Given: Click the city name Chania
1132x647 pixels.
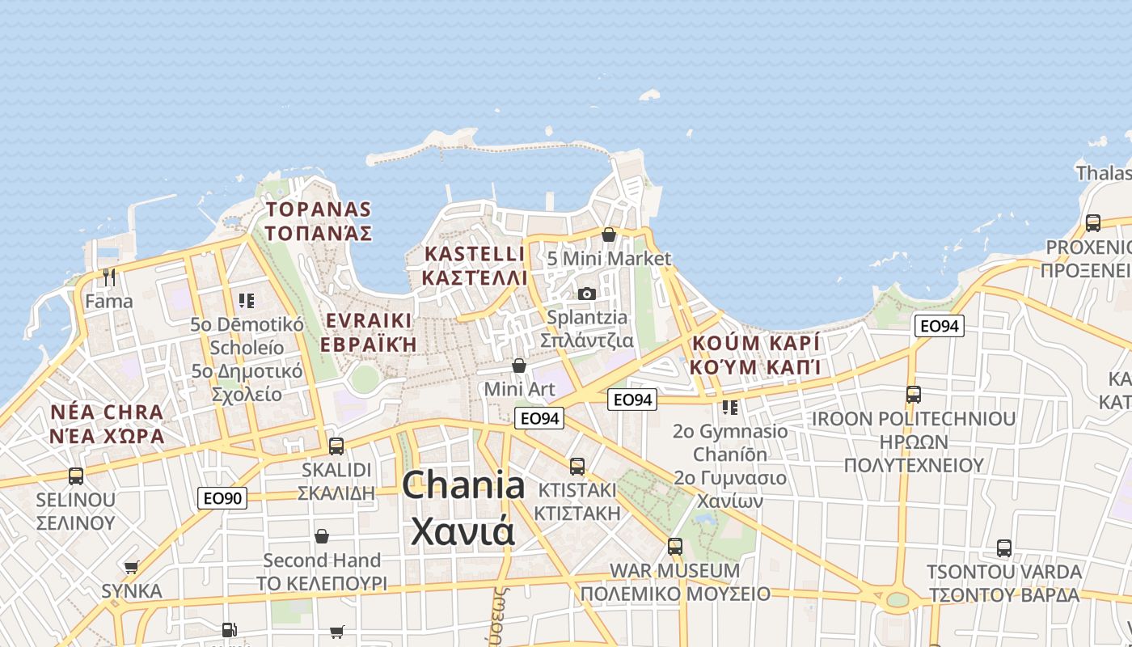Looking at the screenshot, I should [x=463, y=486].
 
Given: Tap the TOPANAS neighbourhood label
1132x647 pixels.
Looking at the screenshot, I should [x=319, y=210].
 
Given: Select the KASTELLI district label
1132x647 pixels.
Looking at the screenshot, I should [x=475, y=254].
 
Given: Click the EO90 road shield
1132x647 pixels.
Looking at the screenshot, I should [x=222, y=498].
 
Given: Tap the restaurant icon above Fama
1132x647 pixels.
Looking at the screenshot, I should [x=109, y=277].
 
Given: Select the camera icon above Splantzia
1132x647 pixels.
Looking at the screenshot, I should [x=587, y=294].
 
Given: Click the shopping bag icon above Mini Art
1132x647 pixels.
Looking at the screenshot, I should [x=519, y=366].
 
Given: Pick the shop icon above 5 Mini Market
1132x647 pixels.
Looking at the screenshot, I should [x=609, y=235].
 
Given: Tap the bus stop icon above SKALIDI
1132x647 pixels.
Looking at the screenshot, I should [x=336, y=446].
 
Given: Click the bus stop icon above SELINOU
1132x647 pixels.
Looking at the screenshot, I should [x=76, y=476].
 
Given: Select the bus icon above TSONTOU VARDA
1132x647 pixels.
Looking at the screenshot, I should [x=1003, y=548].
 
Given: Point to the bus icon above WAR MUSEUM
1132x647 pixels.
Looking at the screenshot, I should [x=675, y=547].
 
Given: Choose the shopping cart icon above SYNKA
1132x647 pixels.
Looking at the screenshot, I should [x=132, y=568].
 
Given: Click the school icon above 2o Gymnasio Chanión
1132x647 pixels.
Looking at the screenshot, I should [x=730, y=407].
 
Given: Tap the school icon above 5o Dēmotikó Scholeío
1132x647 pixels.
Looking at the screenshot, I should [x=247, y=301].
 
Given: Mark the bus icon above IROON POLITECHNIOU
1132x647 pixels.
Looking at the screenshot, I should [x=914, y=395].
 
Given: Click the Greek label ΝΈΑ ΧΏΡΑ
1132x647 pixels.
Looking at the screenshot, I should [x=107, y=437].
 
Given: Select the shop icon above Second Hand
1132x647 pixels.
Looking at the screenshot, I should [x=322, y=536].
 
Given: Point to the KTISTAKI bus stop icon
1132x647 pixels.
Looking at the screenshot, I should [x=577, y=467].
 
